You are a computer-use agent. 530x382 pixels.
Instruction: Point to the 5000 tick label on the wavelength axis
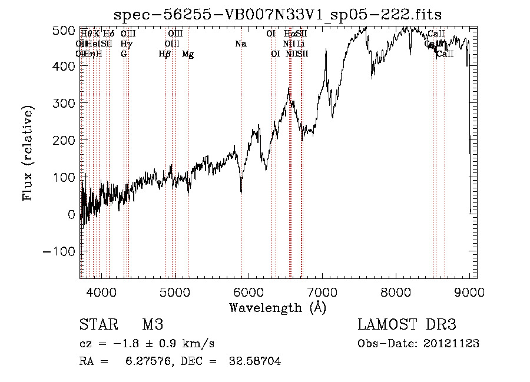[174, 292]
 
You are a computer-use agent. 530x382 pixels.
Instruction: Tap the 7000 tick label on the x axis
[322, 292]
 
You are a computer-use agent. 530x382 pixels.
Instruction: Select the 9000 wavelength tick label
[469, 292]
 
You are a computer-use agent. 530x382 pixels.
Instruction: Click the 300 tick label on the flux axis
[65, 104]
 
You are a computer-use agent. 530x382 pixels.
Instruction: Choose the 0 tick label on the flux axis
[71, 214]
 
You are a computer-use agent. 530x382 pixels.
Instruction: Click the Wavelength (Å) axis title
[277, 307]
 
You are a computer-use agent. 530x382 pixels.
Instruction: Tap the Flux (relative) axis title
[28, 153]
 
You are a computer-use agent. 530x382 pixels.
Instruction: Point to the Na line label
[240, 44]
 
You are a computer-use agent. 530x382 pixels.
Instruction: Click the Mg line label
[188, 54]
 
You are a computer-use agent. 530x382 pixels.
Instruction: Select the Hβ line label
[165, 54]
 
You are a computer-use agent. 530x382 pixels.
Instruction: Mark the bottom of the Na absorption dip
[241, 192]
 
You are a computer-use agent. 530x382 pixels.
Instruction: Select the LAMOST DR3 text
[406, 325]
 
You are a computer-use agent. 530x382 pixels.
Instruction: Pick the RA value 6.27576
[147, 361]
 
